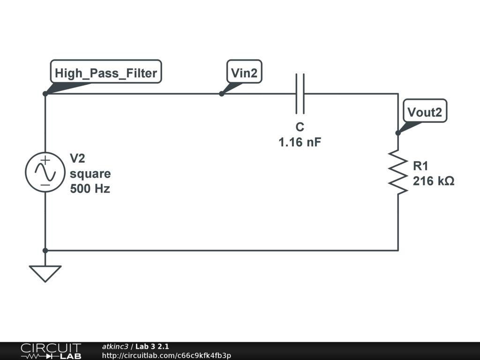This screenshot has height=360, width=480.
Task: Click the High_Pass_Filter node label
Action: coord(105,73)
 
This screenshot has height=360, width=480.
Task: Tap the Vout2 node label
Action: coord(425,112)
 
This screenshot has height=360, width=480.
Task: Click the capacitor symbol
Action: coord(300,93)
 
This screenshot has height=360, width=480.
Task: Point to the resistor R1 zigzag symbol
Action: coord(397,172)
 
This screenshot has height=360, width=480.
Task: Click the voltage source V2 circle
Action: coord(45,172)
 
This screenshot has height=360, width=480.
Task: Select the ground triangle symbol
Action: coord(45,273)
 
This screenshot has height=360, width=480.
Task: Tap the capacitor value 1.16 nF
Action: coord(300,142)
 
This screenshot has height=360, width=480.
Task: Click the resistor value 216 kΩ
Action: coord(433,181)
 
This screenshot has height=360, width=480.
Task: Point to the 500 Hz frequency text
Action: coord(90,189)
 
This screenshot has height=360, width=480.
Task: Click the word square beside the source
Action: coord(90,174)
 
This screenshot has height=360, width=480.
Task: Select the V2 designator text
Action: coord(78,158)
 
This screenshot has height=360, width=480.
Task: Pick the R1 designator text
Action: coord(420,165)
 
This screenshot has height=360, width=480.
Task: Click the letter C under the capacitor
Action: coord(300,127)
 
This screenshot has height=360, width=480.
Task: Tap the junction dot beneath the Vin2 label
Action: coord(222,94)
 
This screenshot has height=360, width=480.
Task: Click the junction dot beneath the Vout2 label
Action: coord(397,133)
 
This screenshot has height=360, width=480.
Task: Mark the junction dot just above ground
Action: coord(45,250)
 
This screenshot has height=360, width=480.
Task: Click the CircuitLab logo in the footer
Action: coord(51,351)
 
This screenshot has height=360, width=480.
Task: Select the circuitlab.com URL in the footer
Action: coord(166,355)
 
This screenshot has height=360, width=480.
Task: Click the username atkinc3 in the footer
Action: coord(115,346)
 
